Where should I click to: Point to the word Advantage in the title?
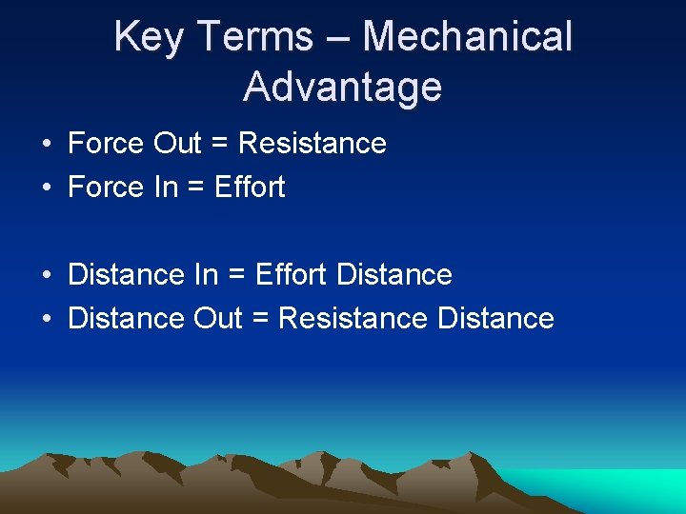tap(342, 87)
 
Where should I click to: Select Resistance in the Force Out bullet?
tap(313, 144)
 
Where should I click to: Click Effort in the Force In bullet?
tap(250, 188)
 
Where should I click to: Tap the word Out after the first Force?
tap(177, 144)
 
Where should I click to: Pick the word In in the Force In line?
tap(165, 188)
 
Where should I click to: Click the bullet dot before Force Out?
tap(46, 145)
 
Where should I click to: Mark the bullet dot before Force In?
tap(46, 188)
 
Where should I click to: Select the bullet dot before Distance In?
tap(46, 276)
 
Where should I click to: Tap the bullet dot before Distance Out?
tap(46, 319)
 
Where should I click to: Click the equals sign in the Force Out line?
tap(220, 145)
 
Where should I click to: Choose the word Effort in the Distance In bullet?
tap(292, 275)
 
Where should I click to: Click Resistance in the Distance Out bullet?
tap(353, 318)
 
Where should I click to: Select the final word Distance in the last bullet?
tap(495, 318)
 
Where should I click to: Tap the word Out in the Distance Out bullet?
tap(218, 318)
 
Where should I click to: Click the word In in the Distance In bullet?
tap(206, 275)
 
